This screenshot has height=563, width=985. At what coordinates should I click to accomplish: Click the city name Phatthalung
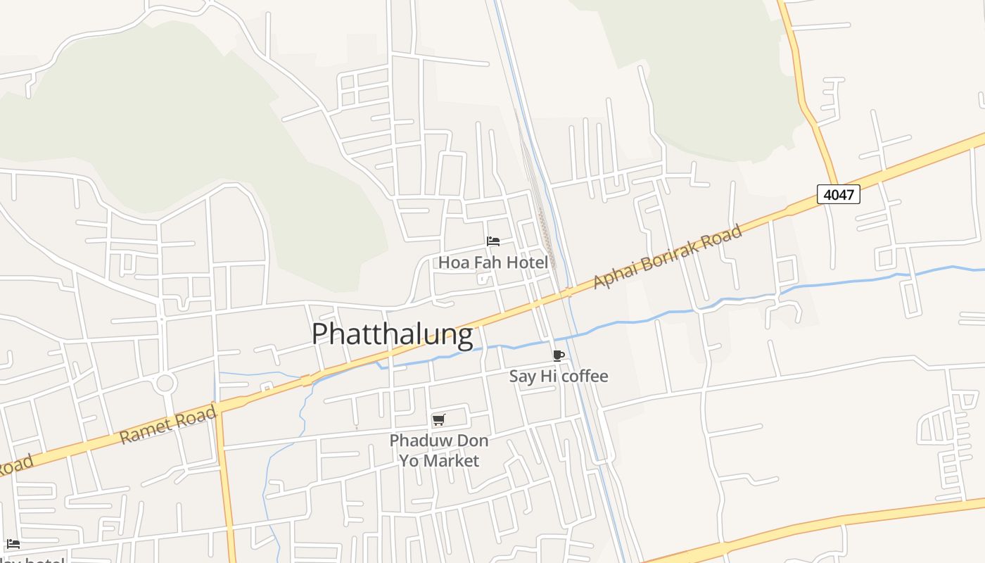click(x=392, y=334)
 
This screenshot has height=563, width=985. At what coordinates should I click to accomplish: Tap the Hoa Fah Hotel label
click(x=493, y=262)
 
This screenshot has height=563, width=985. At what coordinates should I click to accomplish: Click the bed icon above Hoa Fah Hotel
click(x=493, y=241)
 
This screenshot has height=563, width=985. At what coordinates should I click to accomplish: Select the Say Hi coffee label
click(x=559, y=376)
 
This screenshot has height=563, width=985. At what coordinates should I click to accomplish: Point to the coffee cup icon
click(x=559, y=355)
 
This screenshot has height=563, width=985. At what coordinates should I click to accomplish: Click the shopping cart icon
click(x=439, y=420)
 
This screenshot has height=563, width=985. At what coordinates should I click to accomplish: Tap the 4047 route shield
click(x=839, y=194)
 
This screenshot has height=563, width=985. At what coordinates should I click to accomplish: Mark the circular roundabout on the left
click(x=165, y=384)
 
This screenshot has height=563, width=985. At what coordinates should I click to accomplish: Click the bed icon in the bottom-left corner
click(x=13, y=544)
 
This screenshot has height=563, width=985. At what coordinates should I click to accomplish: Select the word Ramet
click(x=144, y=430)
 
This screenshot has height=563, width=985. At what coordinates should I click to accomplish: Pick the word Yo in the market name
click(x=409, y=461)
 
